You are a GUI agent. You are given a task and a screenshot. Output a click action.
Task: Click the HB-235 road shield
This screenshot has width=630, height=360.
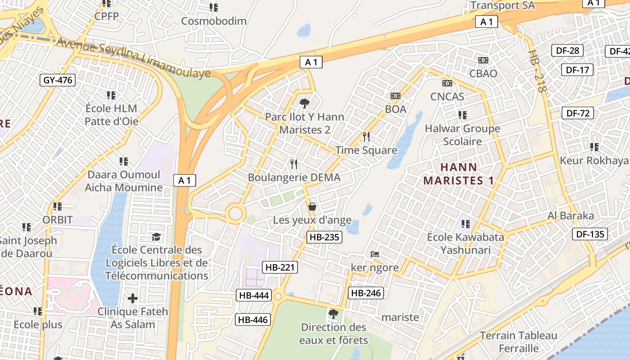[x=324, y=237]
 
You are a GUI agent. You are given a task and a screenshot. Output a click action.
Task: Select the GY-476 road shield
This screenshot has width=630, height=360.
[x=57, y=81]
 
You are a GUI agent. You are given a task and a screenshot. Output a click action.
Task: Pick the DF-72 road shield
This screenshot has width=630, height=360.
[x=578, y=113]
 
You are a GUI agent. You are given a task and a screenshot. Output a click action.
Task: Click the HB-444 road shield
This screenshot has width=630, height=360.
[x=254, y=295]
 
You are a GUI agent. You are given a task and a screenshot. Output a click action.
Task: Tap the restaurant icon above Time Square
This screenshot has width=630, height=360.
[x=366, y=136]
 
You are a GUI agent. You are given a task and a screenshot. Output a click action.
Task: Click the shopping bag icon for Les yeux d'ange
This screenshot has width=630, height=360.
[x=312, y=207]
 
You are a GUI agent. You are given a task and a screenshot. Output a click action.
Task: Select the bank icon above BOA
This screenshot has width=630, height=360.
[x=396, y=96]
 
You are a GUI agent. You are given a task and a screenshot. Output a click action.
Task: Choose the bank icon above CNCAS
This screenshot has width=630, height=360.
[x=447, y=83]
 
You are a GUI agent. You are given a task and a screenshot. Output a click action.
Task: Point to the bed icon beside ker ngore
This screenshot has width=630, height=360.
[x=374, y=254]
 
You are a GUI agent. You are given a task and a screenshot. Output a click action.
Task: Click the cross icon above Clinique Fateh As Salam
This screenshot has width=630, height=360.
[x=133, y=298]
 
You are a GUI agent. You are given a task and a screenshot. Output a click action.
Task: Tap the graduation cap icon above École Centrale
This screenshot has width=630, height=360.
[x=156, y=237]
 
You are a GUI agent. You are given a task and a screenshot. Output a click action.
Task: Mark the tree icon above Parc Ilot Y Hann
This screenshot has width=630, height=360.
[x=305, y=103]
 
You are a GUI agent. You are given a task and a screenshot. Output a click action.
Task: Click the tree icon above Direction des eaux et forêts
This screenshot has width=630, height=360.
[x=333, y=314]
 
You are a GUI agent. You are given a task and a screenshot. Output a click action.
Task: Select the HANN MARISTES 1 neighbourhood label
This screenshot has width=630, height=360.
[x=459, y=174]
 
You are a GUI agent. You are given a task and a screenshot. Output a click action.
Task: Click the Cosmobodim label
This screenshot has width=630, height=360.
[x=214, y=21]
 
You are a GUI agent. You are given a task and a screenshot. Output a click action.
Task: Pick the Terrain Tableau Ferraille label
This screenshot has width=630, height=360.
[x=518, y=342]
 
